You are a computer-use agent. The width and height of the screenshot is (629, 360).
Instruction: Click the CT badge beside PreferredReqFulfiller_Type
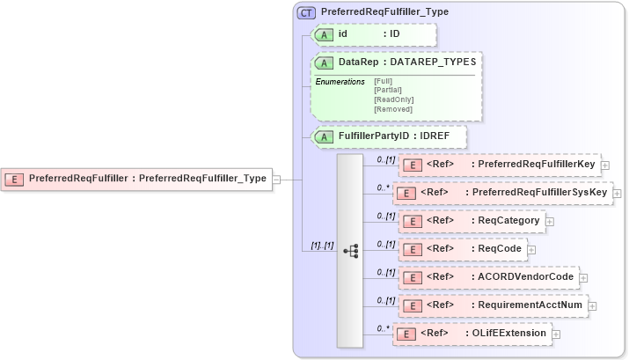(306, 13)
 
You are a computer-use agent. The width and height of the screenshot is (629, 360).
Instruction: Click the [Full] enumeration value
(383, 81)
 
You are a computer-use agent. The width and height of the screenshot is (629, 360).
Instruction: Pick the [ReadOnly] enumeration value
(393, 99)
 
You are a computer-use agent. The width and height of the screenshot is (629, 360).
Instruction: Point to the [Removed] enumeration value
(393, 108)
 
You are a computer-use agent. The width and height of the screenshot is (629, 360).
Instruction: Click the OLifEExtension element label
(508, 334)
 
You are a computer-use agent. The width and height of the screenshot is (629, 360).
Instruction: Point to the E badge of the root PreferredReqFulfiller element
(15, 179)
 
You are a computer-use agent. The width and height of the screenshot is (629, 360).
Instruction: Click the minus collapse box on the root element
(276, 179)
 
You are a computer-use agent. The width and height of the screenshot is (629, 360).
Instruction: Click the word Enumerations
(340, 81)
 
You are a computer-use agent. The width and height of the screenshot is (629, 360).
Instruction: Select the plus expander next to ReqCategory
(550, 221)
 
